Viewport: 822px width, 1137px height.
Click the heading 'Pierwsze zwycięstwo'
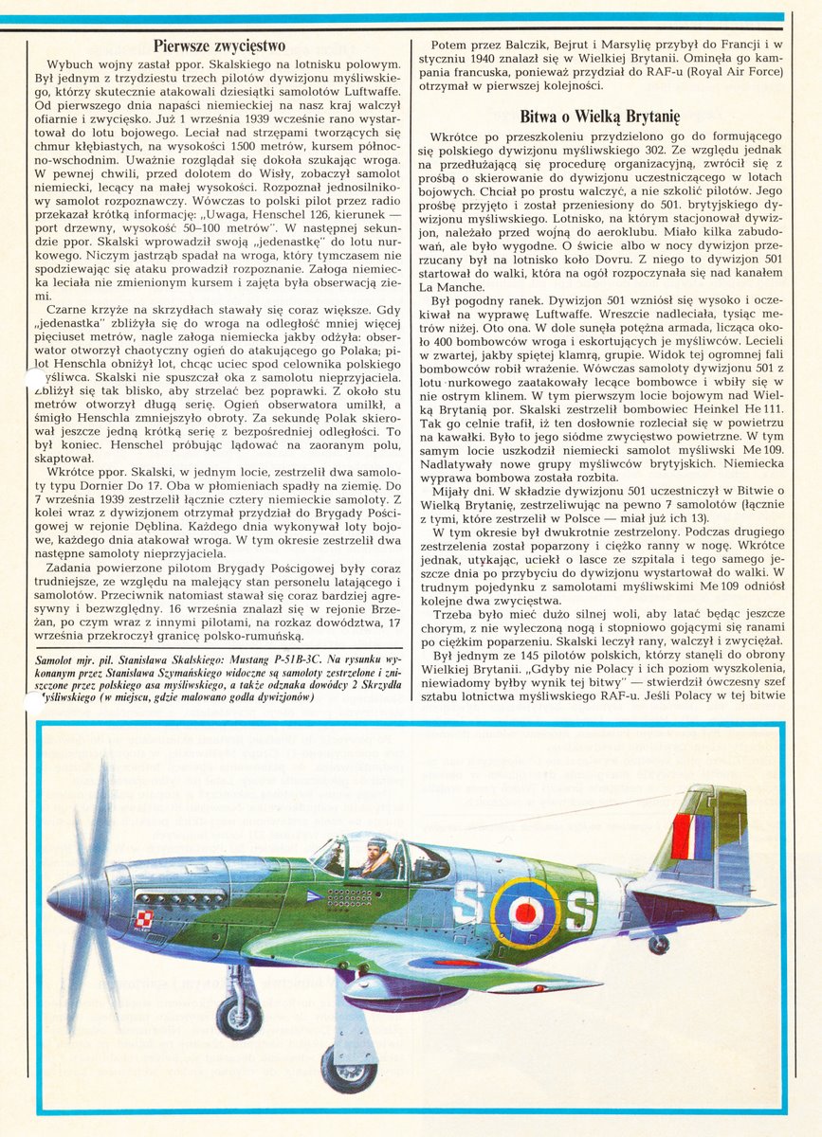(219, 45)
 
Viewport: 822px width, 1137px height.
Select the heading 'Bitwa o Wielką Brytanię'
(600, 117)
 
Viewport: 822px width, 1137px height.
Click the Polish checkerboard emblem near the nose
(145, 917)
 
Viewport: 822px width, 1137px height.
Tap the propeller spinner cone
(67, 896)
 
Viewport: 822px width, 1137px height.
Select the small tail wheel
(658, 945)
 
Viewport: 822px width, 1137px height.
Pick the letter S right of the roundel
(578, 912)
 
